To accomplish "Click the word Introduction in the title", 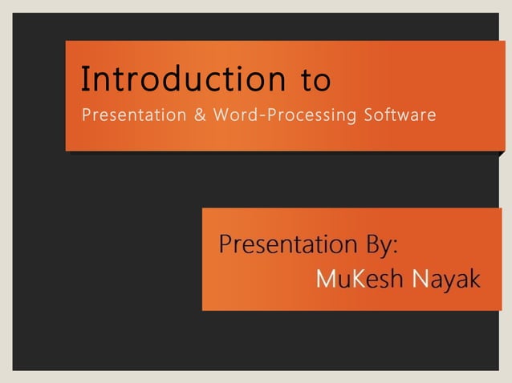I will (x=183, y=80).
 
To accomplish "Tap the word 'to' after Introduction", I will (x=315, y=82).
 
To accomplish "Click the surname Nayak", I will (x=445, y=280).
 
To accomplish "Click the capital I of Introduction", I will (x=85, y=79).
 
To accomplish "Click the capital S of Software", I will (x=369, y=115).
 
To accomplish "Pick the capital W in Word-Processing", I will (x=219, y=115).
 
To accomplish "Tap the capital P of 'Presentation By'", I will (x=226, y=244).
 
